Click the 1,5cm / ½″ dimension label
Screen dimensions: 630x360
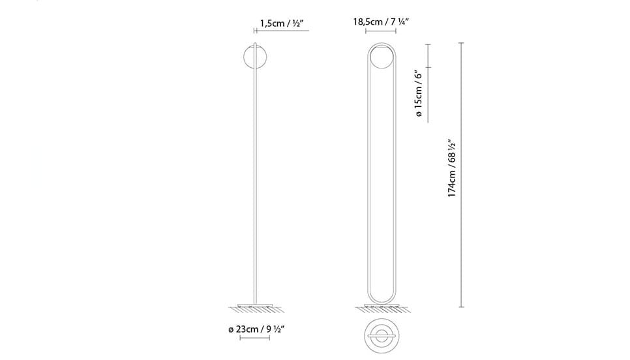point(280,23)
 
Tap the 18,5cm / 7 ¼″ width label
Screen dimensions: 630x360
point(381,22)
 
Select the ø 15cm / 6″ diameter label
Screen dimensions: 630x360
point(419,93)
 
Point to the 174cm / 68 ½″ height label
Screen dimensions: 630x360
point(452,169)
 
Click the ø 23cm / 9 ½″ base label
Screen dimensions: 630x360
point(256,329)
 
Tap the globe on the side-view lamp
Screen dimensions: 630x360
point(255,57)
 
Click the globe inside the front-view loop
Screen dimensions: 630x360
point(381,57)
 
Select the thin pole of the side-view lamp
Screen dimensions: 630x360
point(255,173)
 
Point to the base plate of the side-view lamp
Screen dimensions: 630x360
point(256,305)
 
